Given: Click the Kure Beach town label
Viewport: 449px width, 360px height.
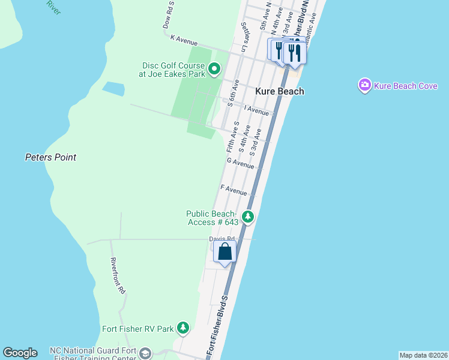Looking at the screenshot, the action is (279, 92).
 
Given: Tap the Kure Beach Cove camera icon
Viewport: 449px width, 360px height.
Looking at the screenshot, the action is (364, 86).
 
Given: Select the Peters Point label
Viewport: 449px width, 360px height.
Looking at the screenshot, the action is (50, 157).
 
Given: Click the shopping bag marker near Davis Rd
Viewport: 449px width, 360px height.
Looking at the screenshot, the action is (224, 252).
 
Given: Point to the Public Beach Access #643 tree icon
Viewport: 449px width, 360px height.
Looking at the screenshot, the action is (248, 217).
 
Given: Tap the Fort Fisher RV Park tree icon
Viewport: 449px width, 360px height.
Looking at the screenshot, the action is (183, 328).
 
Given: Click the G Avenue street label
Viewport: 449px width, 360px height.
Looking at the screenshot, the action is (240, 163).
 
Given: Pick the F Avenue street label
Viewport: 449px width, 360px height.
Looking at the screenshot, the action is (234, 191).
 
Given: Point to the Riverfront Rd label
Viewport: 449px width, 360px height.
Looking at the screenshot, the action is (118, 275).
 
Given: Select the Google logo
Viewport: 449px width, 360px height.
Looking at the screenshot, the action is (20, 353).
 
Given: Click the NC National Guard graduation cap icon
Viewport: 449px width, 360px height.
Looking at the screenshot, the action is (145, 353).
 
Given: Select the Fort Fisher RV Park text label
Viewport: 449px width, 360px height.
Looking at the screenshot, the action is (137, 329).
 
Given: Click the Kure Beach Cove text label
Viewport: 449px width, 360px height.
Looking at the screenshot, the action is (405, 86).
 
